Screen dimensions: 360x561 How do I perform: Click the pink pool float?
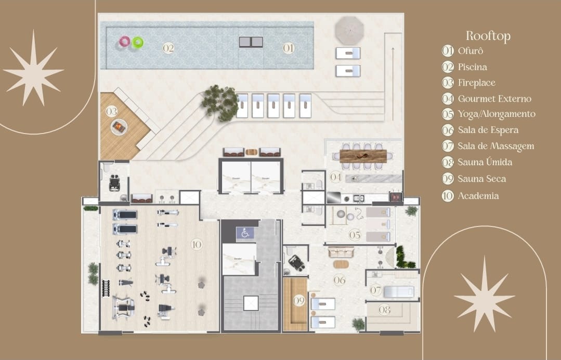pos(125,42)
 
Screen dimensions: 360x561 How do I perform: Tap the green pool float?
pos(138,42)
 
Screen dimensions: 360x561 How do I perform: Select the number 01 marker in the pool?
pos(289,48)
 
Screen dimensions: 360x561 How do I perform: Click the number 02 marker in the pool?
pos(168,48)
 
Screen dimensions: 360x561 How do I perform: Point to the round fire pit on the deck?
pos(119,126)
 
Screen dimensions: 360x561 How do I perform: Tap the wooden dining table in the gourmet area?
pos(363,155)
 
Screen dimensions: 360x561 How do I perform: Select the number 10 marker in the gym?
pos(197,244)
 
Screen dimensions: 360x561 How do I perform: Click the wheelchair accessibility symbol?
pos(245,233)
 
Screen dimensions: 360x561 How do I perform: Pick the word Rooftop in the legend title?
pos(488,35)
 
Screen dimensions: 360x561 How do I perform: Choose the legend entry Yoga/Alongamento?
pos(496,114)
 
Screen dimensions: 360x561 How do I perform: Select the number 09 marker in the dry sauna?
pos(298,300)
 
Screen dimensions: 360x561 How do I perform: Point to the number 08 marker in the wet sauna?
pos(384,310)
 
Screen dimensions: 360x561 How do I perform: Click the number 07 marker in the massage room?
pos(376,290)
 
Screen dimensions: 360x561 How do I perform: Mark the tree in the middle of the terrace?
pos(220,102)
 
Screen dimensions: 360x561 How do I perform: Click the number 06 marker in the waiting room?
pos(340,280)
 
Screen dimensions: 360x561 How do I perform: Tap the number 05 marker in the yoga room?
pos(355,235)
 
